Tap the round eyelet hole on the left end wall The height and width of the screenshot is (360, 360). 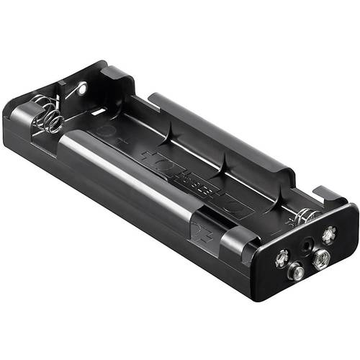tap(81, 89)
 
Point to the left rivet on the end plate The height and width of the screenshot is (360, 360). tap(282, 254)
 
